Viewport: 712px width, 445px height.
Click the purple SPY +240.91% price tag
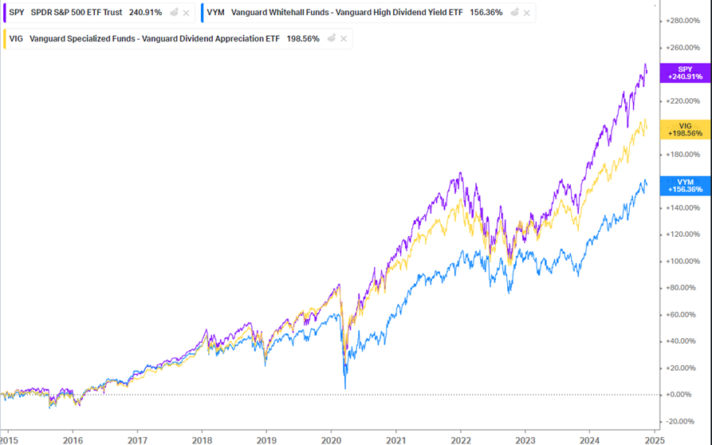click(x=685, y=73)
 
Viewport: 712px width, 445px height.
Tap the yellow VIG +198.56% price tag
click(x=685, y=129)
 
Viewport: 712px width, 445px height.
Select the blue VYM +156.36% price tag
click(x=685, y=186)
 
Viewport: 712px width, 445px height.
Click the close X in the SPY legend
click(x=186, y=13)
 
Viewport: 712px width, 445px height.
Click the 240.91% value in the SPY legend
click(x=145, y=13)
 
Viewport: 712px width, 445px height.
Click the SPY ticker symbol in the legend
click(x=17, y=13)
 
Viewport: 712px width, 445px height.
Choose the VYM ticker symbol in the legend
click(x=215, y=13)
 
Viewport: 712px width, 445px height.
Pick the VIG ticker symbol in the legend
click(x=16, y=38)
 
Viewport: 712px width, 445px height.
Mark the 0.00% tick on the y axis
click(x=680, y=394)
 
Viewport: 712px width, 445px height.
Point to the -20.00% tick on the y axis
click(x=680, y=421)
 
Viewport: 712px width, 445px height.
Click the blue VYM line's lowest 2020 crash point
click(x=345, y=388)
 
